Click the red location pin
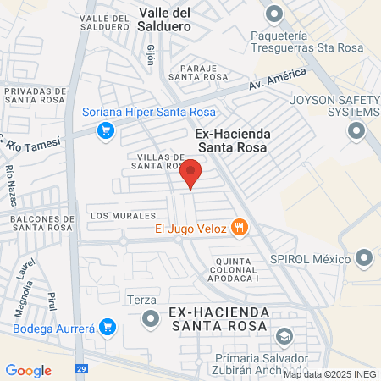click(191, 172)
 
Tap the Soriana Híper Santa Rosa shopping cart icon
click(106, 130)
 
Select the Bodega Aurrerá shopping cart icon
click(107, 327)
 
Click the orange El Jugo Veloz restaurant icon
click(241, 227)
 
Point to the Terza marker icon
click(151, 318)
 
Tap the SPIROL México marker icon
click(365, 257)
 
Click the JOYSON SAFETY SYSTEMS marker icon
click(356, 131)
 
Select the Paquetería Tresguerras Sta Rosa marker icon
click(274, 14)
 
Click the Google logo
click(28, 371)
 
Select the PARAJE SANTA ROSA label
click(198, 71)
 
